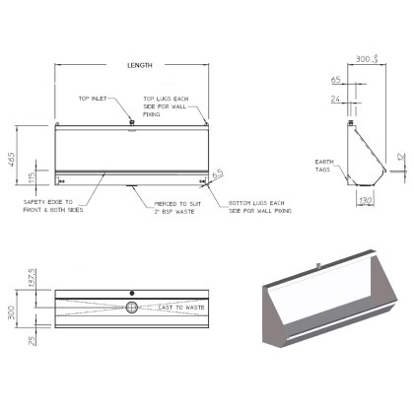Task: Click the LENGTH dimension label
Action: [140, 65]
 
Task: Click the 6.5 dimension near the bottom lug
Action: [217, 173]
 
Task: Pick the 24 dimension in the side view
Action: [336, 99]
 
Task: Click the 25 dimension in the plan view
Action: [33, 340]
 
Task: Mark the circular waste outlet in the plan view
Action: [131, 309]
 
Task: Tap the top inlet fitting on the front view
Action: [131, 122]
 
